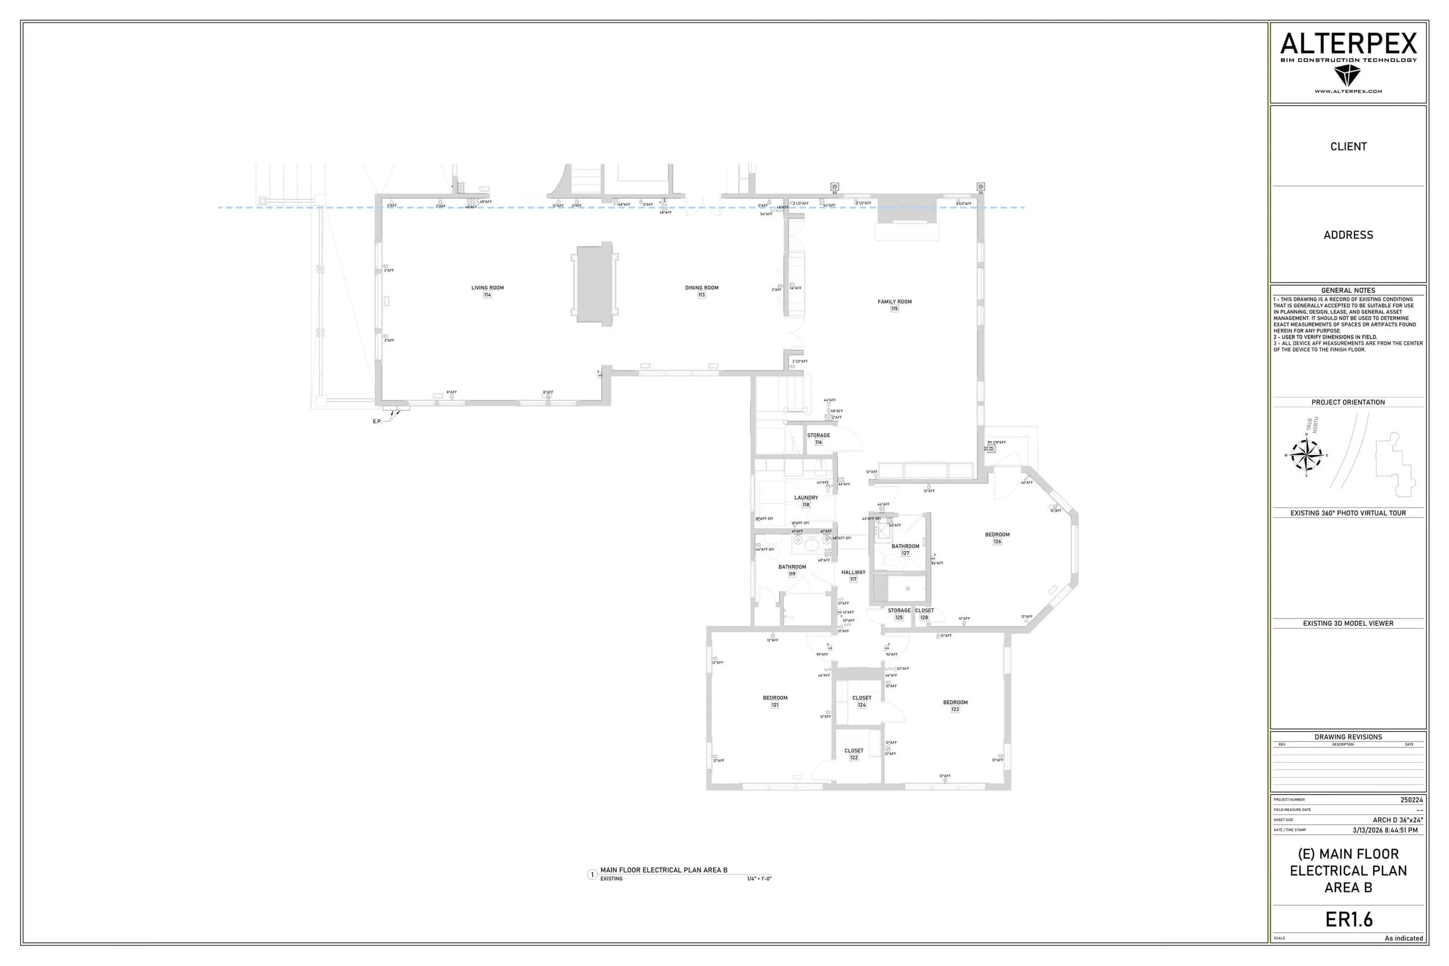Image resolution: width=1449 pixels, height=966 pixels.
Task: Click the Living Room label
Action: tap(487, 287)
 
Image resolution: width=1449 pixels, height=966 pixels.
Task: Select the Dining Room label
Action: tap(701, 287)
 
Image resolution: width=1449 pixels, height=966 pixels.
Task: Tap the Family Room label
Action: tap(894, 302)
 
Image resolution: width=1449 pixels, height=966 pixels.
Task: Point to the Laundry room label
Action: tap(806, 498)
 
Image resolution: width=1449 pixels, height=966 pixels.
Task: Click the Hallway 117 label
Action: tap(853, 573)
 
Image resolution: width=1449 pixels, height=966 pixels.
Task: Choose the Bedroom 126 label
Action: tap(997, 535)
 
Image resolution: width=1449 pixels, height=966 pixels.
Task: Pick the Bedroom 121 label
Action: tap(775, 698)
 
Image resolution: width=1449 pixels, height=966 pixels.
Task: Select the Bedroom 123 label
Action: tap(955, 702)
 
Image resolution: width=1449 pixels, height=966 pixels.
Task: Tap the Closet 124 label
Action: tap(861, 698)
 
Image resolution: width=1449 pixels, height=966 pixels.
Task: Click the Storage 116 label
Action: tap(818, 436)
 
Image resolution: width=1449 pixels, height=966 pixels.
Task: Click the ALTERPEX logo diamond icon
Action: tap(1348, 76)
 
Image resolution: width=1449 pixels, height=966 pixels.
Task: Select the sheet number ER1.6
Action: tap(1349, 919)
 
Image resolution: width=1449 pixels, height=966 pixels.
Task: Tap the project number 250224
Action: tap(1411, 800)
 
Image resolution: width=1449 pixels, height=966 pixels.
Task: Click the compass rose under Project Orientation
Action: tap(1305, 455)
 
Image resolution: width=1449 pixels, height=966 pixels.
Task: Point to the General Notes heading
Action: tap(1348, 290)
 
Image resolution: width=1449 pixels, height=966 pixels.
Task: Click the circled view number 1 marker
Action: tap(592, 874)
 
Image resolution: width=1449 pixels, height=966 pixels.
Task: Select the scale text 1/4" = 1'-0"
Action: tap(759, 878)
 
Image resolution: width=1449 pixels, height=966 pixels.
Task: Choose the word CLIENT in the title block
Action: tap(1348, 147)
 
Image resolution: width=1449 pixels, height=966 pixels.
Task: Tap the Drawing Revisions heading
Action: tap(1348, 737)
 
